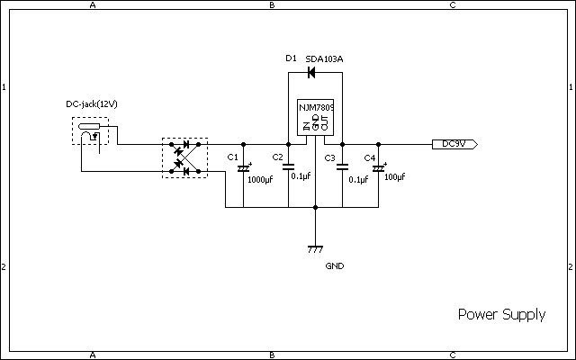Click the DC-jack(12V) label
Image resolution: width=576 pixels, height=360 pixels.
click(x=92, y=104)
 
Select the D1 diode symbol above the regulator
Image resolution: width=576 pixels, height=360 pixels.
click(x=311, y=72)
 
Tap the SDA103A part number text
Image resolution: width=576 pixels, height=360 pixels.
click(x=324, y=59)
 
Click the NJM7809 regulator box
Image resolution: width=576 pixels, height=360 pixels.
click(x=316, y=117)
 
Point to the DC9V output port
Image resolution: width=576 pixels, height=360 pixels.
click(x=454, y=144)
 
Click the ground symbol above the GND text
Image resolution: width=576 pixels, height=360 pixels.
click(x=315, y=249)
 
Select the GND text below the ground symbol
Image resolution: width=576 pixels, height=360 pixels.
click(x=335, y=266)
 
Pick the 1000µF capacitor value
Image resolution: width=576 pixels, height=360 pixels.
click(x=260, y=180)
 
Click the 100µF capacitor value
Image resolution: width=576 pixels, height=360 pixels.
click(x=394, y=177)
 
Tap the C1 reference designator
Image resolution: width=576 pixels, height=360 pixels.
click(x=232, y=157)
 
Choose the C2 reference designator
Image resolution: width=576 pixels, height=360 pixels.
click(x=278, y=157)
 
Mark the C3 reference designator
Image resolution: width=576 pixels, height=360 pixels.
click(x=330, y=158)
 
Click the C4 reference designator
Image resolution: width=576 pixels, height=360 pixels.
click(x=370, y=158)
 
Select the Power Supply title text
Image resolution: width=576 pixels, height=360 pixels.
click(x=502, y=314)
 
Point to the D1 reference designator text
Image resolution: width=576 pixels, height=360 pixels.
click(x=291, y=58)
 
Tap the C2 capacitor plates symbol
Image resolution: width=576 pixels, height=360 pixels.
click(x=288, y=166)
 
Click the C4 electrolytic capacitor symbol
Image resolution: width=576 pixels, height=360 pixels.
click(x=379, y=168)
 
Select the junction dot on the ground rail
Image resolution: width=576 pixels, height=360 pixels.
click(x=315, y=208)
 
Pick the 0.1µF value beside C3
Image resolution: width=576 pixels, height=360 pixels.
click(x=358, y=180)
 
